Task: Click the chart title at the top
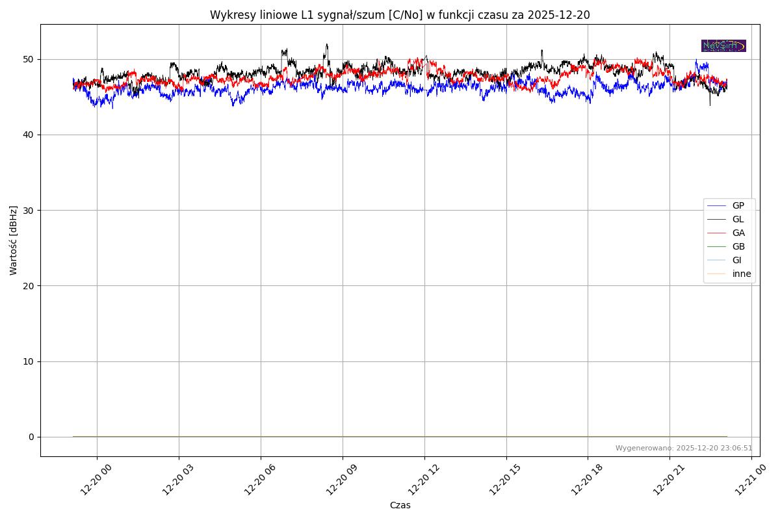pyautogui.click(x=400, y=15)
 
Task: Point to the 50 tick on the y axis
pyautogui.click(x=29, y=59)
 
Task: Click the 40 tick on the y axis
pyautogui.click(x=29, y=135)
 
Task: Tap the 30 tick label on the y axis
pyautogui.click(x=29, y=210)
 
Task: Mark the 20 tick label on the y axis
pyautogui.click(x=29, y=285)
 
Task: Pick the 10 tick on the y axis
pyautogui.click(x=29, y=361)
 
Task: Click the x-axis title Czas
pyautogui.click(x=400, y=505)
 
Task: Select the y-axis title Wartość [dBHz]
pyautogui.click(x=14, y=240)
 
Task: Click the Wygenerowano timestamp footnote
pyautogui.click(x=684, y=448)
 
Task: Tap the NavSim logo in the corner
pyautogui.click(x=723, y=45)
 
